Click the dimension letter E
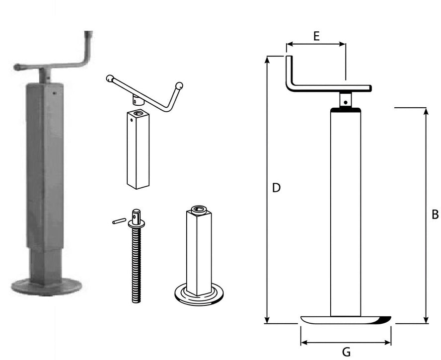[316, 36]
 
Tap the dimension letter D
[277, 188]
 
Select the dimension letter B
[435, 215]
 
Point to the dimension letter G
[346, 352]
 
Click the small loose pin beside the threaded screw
[119, 221]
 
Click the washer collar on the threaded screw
[137, 224]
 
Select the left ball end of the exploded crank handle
[110, 78]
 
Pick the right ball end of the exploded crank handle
[179, 85]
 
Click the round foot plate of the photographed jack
[46, 287]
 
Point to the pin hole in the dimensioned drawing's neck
[345, 102]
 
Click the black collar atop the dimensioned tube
[346, 110]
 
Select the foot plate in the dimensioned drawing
[346, 320]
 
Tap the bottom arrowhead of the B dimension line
[426, 320]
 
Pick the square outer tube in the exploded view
[138, 149]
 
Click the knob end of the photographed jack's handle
[17, 67]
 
